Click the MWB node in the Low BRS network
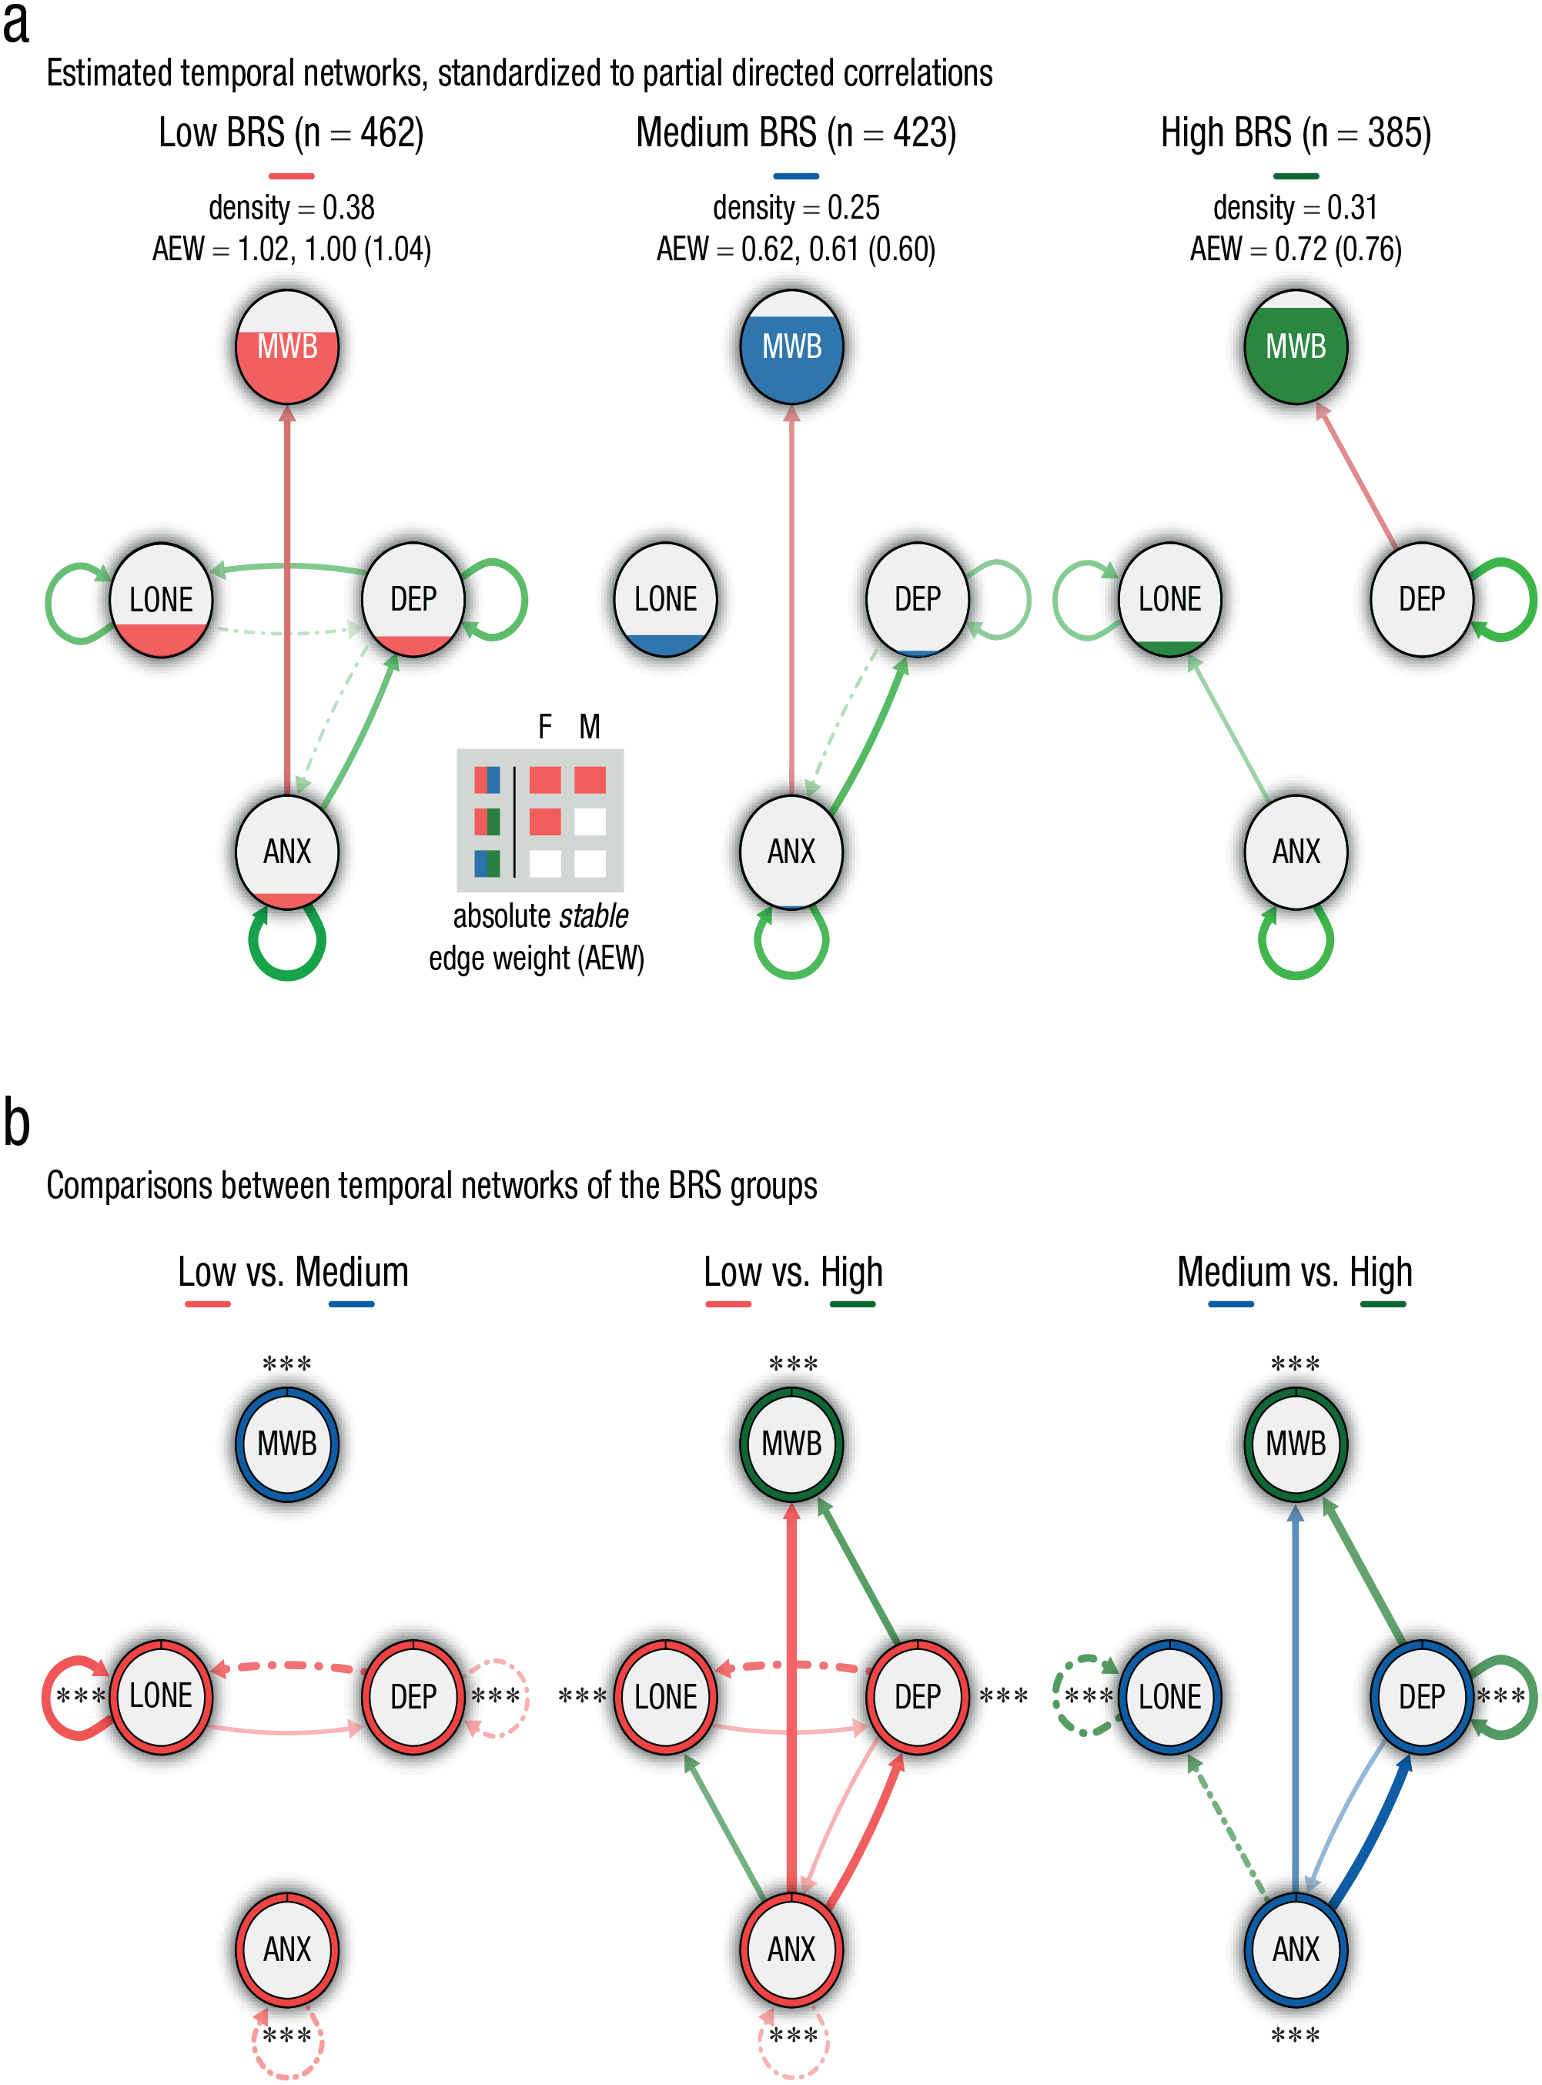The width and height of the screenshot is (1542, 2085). pyautogui.click(x=287, y=346)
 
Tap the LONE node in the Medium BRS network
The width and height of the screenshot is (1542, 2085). pyautogui.click(x=665, y=599)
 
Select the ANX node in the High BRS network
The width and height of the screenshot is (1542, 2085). pyautogui.click(x=1296, y=852)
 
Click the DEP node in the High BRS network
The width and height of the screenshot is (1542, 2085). pyautogui.click(x=1422, y=599)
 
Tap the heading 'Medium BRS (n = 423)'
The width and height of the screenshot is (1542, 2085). pyautogui.click(x=796, y=132)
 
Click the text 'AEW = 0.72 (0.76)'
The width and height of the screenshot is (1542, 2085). pyautogui.click(x=1296, y=249)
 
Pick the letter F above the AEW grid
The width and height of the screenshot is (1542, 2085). pyautogui.click(x=545, y=726)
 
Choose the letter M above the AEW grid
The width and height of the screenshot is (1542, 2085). pyautogui.click(x=589, y=726)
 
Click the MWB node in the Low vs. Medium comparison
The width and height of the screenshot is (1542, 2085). pyautogui.click(x=287, y=1444)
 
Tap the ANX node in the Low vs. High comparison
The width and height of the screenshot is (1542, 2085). pyautogui.click(x=791, y=1949)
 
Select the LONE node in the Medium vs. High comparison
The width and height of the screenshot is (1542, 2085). pyautogui.click(x=1169, y=1696)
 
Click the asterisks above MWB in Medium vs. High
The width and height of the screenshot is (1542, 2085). pyautogui.click(x=1296, y=1364)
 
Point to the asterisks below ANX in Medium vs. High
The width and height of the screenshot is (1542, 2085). pyautogui.click(x=1296, y=2036)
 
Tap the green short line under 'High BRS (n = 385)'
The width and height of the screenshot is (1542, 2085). pyautogui.click(x=1296, y=176)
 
